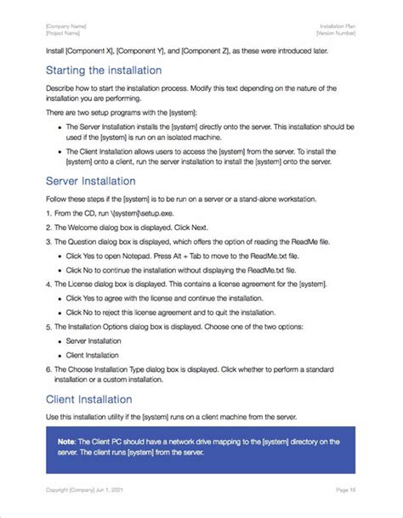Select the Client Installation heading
(x=88, y=398)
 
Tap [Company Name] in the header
(x=65, y=28)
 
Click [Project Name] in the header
(x=64, y=35)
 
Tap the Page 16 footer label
(x=345, y=491)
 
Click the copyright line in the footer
(x=90, y=491)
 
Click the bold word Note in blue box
(x=66, y=442)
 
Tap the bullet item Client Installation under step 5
(x=92, y=354)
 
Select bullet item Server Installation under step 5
(x=93, y=340)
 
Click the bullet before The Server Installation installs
(x=59, y=127)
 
